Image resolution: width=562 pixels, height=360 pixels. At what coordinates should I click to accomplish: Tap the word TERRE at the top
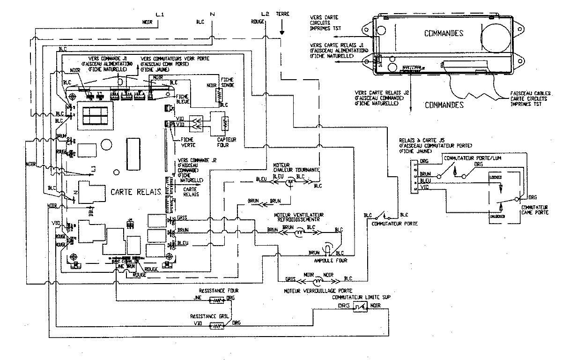(x=283, y=14)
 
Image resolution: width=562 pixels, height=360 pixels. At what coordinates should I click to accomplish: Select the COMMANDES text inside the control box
(x=444, y=33)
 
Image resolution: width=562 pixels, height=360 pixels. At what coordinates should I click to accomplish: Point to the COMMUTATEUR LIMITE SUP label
(x=361, y=298)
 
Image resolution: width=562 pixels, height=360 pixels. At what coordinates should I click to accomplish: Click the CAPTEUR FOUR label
(x=227, y=142)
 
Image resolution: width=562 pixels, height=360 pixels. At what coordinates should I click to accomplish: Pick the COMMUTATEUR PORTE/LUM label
(x=466, y=158)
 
